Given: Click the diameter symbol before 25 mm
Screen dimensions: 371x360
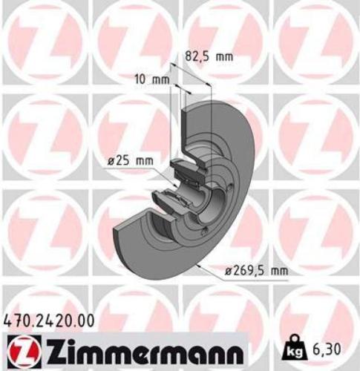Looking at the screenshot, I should (108, 159).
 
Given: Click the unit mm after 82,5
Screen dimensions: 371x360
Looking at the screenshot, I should (223, 55).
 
